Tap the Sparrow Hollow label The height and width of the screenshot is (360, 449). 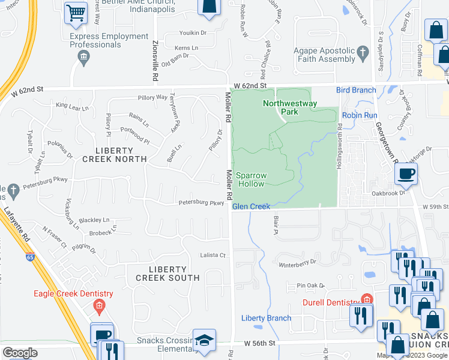coord(250,179)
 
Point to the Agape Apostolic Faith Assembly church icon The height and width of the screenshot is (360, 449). coord(363,54)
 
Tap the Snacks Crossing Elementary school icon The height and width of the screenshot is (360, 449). coord(205,339)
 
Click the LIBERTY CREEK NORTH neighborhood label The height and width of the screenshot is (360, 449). coord(114,154)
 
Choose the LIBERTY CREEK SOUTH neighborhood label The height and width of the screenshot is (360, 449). coord(167,273)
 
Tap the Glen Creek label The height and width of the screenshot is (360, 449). coord(251,206)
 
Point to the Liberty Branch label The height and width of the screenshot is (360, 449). coord(266,318)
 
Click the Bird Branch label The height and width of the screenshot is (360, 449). coord(356,90)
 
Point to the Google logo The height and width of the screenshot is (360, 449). coord(20,353)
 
